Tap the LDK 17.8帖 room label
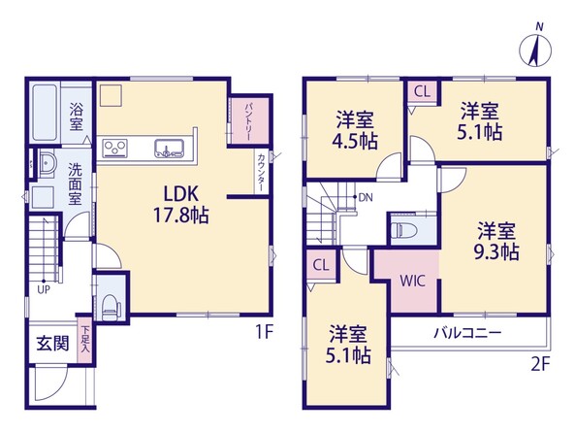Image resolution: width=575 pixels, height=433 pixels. (x=180, y=205)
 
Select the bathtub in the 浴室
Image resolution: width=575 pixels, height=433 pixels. (x=45, y=113)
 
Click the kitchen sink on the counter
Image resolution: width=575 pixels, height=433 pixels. (x=169, y=149)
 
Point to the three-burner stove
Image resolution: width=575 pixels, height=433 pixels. (x=114, y=149)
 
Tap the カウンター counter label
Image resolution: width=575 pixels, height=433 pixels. (x=261, y=172)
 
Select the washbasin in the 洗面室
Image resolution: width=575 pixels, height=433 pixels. (x=47, y=164)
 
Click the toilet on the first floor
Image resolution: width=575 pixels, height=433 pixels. (x=111, y=307)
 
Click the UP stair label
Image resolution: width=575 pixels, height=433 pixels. (x=44, y=289)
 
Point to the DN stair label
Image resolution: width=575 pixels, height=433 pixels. (x=366, y=198)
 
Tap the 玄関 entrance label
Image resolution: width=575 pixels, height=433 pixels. (x=52, y=344)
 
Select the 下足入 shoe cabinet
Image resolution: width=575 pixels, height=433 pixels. (x=85, y=340)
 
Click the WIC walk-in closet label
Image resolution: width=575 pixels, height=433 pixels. (x=412, y=282)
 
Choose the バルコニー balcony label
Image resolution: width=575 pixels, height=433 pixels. (x=467, y=333)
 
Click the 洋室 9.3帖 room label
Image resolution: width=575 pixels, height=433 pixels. (x=496, y=242)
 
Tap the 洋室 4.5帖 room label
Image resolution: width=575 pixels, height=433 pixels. (x=355, y=130)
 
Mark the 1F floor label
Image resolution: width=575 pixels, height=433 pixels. (x=264, y=333)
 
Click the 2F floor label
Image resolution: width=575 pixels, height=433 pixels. (x=541, y=365)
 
